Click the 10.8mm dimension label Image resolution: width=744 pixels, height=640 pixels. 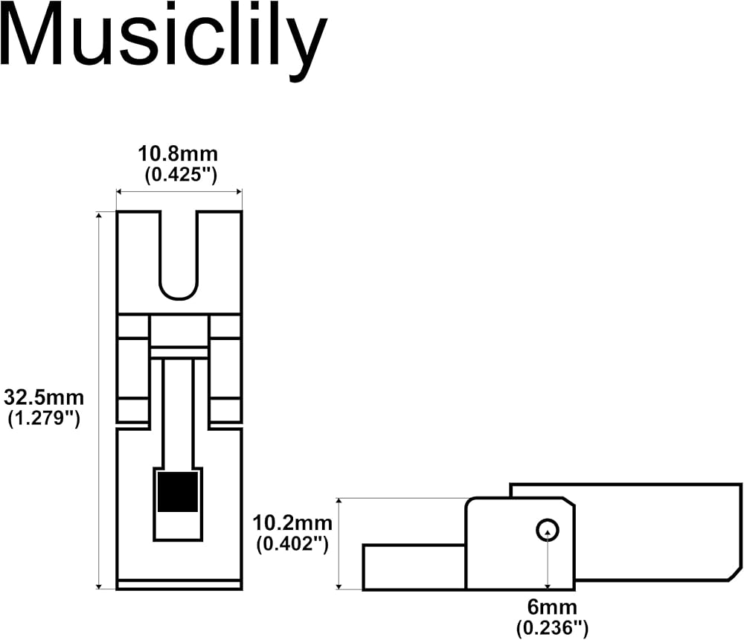178,154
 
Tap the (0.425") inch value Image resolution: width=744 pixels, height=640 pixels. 181,175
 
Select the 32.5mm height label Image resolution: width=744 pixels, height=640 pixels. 44,397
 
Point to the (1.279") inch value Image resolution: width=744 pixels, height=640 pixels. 44,418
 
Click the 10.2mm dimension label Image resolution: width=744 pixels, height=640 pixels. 292,523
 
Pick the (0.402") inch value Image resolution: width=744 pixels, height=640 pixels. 292,544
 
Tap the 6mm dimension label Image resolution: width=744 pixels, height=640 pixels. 552,607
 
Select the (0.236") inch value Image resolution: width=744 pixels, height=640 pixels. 552,628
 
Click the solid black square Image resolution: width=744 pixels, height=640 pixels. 178,492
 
